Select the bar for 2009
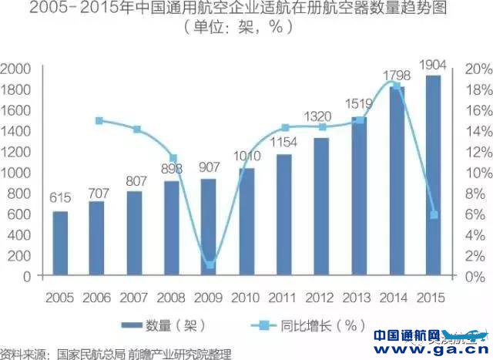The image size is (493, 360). coord(208,227)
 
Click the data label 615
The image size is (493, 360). coord(60,199)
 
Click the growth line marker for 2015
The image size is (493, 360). coord(434,214)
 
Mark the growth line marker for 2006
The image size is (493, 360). coord(99,121)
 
